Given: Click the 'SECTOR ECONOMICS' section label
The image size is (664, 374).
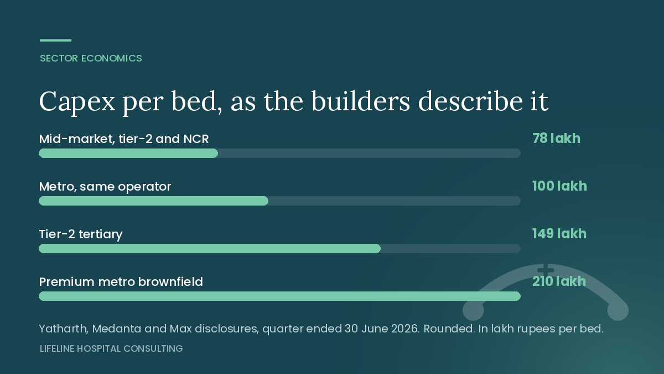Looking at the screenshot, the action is point(91,58).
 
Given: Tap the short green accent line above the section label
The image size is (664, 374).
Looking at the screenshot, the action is point(56,40).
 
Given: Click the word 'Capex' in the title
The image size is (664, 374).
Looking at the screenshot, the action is point(77,102).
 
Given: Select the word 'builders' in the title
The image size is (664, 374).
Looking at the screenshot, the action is point(361,101).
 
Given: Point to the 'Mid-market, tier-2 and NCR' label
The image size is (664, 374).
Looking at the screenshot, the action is point(124,139).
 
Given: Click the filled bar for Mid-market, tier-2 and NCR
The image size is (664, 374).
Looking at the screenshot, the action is point(128,153).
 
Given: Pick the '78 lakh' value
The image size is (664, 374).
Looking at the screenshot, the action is point(556,139).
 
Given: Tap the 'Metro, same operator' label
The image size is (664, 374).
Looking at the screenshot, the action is point(105,187).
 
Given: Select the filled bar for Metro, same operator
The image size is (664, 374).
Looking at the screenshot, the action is point(154,201).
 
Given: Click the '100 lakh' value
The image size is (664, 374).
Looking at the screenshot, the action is point(559,186).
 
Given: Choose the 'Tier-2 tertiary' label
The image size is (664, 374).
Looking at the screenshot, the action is point(81,234).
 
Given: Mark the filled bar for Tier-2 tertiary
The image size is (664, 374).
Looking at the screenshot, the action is point(210,248).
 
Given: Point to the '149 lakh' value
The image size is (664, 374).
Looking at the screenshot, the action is point(559,234).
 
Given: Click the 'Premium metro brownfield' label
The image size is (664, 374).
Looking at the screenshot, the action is point(121,281).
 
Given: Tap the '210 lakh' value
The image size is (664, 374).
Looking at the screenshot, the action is point(559,281).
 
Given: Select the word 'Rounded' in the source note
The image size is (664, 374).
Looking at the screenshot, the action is point(449,329).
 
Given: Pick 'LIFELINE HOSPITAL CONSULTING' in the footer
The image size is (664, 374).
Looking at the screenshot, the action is point(111,349).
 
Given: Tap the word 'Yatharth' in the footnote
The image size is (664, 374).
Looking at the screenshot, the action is point(64,329).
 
